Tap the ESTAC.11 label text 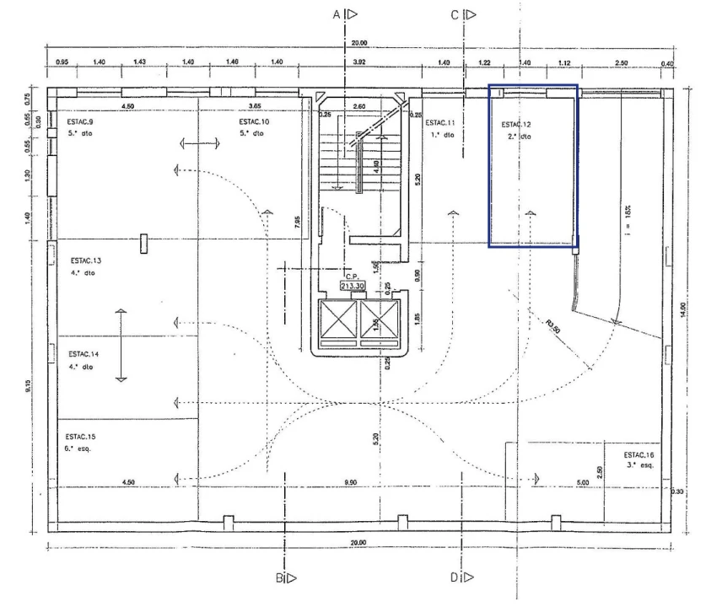tap(442, 123)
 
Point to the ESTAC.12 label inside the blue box tap(517, 124)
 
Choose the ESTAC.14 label tap(84, 354)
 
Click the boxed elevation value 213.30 tap(352, 286)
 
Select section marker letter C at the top tap(455, 14)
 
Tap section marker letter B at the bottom tap(278, 577)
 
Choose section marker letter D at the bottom tap(455, 577)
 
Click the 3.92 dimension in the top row tap(359, 62)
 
